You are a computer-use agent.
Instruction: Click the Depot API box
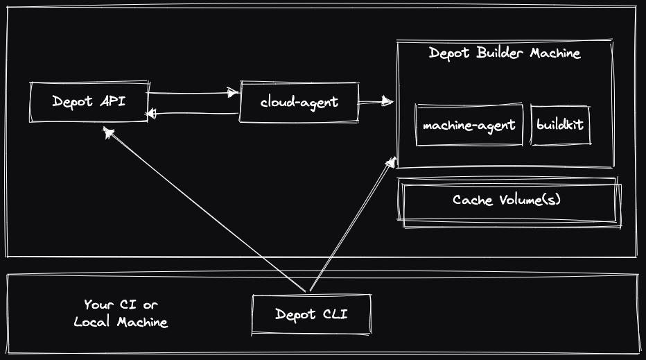[89, 102]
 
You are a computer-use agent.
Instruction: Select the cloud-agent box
[299, 102]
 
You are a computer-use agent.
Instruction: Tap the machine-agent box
[469, 126]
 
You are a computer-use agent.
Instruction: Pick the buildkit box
[560, 126]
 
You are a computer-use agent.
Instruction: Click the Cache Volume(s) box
[507, 200]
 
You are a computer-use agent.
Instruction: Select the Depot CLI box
[311, 314]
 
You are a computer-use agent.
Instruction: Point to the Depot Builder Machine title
[505, 53]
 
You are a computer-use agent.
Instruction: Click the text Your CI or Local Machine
[121, 314]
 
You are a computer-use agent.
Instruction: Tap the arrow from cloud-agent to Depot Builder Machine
[375, 103]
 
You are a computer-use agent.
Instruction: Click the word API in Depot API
[112, 101]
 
